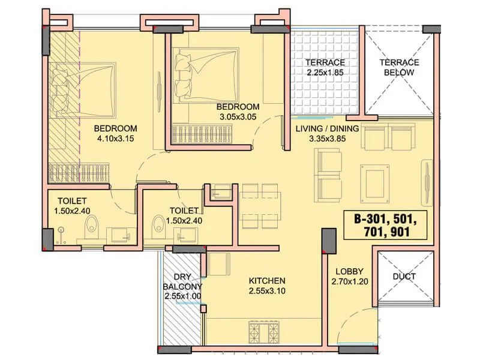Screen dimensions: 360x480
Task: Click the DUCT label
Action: point(404,277)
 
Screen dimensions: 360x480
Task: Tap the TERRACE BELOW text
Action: point(400,68)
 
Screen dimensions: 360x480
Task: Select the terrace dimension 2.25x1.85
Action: point(324,73)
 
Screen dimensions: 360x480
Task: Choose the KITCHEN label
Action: point(267,280)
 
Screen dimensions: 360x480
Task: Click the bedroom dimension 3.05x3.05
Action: point(237,118)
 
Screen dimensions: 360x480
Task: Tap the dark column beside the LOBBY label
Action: point(328,241)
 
